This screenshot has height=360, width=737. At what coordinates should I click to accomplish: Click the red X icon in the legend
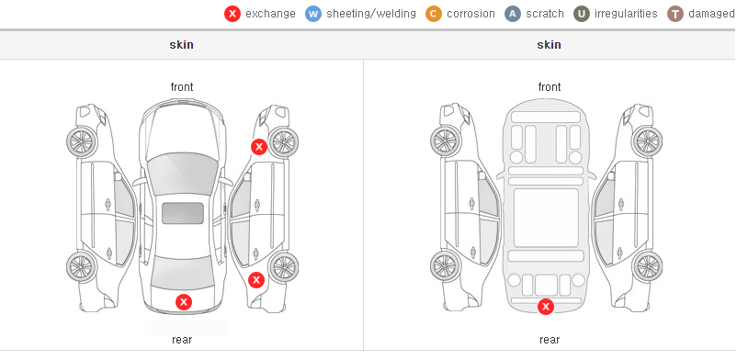click(x=232, y=14)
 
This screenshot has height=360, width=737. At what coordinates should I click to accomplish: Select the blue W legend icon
click(x=313, y=14)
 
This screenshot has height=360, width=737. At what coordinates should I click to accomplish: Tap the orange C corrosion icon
click(x=434, y=14)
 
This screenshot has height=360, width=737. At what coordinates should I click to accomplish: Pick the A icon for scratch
click(x=513, y=14)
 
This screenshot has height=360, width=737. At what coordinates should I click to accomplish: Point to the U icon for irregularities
click(x=582, y=14)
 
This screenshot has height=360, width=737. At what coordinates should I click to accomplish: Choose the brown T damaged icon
click(x=675, y=14)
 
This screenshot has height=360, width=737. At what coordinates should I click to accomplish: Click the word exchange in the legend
click(x=270, y=14)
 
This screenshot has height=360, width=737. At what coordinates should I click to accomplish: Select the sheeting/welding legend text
click(x=371, y=14)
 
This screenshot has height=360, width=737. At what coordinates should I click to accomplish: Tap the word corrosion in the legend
click(x=471, y=14)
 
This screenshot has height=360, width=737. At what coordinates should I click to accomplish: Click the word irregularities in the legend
click(x=626, y=14)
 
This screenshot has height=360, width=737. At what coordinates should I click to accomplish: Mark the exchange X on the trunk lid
click(x=184, y=302)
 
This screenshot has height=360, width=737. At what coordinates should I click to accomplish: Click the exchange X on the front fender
click(x=258, y=147)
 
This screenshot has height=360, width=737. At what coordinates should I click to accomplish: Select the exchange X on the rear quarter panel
click(x=256, y=281)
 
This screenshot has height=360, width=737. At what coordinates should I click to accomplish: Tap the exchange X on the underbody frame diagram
click(x=546, y=307)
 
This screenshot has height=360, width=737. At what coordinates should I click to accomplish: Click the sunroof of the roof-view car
click(x=183, y=213)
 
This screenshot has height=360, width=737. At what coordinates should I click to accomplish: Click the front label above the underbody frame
click(x=550, y=87)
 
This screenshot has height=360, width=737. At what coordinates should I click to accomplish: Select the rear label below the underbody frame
click(x=550, y=340)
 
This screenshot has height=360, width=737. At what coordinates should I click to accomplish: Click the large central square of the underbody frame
click(x=546, y=218)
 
